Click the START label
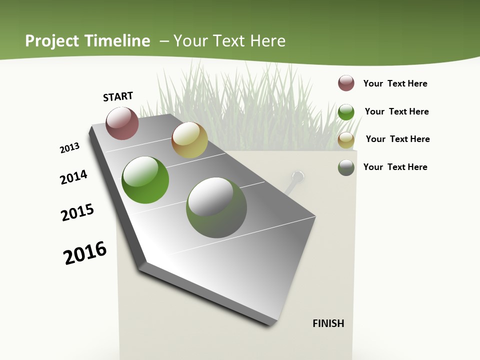tap(118, 96)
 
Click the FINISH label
tap(328, 323)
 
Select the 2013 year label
tap(69, 148)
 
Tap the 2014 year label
tap(73, 177)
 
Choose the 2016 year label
tap(85, 253)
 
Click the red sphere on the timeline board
tap(122, 123)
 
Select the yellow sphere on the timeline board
tap(189, 140)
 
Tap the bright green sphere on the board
tap(145, 180)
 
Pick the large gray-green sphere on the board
tap(216, 207)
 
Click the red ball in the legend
tap(346, 83)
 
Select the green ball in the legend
tap(346, 112)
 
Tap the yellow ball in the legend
tap(346, 140)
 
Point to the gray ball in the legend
tap(346, 167)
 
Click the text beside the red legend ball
tap(395, 83)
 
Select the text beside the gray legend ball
tap(395, 167)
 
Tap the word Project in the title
tap(51, 41)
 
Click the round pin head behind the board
tap(297, 176)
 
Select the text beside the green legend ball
tap(396, 111)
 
